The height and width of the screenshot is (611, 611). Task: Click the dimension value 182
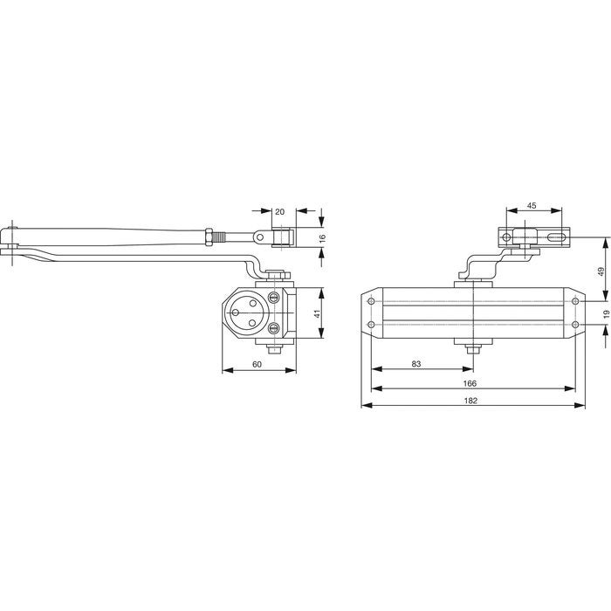pos(470,401)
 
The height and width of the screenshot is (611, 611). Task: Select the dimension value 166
pos(470,383)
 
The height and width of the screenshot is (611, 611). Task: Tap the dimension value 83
pos(416,364)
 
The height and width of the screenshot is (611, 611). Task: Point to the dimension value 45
pos(532,206)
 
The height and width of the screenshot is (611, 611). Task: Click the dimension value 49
pos(601,271)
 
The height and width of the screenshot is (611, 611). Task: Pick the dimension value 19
pos(606,314)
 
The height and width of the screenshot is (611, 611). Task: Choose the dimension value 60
pos(257,364)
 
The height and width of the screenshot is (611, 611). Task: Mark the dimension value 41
pos(317,313)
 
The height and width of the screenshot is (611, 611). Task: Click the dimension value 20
pos(280,211)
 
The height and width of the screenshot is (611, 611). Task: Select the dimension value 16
pos(322,239)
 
